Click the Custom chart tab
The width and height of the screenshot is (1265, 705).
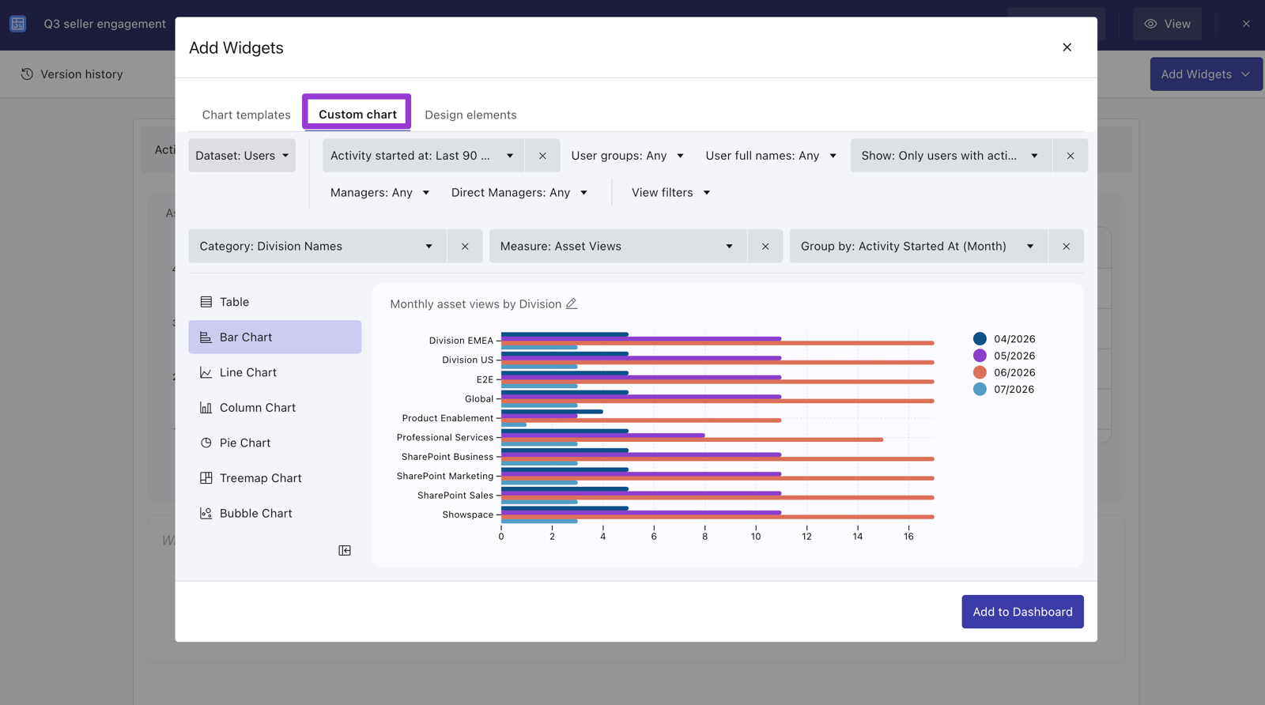pos(357,114)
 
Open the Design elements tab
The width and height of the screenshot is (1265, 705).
pos(470,115)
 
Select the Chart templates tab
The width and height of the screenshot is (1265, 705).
pos(246,115)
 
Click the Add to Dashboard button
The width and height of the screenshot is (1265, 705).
pos(1022,611)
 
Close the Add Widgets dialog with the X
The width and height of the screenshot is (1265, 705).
pos(1067,47)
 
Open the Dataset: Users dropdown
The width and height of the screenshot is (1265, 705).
pos(242,155)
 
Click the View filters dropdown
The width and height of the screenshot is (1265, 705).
pos(670,193)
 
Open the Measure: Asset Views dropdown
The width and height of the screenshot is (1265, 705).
pos(617,246)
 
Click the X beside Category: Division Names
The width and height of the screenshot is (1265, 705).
pos(465,246)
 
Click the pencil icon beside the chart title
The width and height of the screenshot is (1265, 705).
pos(572,303)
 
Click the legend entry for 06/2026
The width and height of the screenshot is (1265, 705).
pos(1004,372)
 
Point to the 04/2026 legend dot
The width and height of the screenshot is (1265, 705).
pos(980,339)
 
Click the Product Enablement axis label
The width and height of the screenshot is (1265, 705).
pos(447,418)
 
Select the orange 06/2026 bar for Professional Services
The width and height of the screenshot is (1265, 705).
pos(692,439)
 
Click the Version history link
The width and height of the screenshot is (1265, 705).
pos(72,74)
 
